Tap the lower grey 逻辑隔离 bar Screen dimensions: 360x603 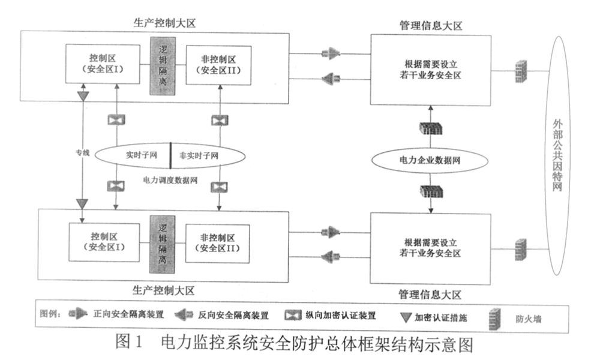(x=161, y=242)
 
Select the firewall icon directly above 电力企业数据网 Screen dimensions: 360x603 (x=430, y=128)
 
